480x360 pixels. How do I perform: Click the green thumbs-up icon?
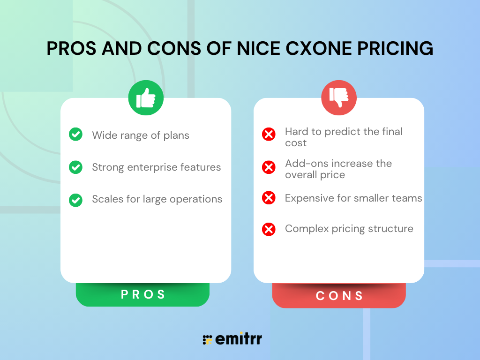point(146,97)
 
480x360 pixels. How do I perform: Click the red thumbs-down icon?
point(339,97)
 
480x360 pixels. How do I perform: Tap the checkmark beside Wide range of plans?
point(75,134)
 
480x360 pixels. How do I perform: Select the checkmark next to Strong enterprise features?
point(75,167)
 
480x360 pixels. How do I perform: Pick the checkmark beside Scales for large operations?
point(75,200)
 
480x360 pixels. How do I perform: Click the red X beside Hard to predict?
point(269,134)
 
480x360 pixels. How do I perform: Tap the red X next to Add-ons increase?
point(269,167)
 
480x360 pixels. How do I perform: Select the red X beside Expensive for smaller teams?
point(269,198)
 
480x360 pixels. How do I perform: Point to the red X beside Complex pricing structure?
point(269,229)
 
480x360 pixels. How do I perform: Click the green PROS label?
point(142,294)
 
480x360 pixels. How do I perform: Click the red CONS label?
point(339,295)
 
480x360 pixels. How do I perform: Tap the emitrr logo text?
point(239,338)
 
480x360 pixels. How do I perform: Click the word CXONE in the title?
point(319,48)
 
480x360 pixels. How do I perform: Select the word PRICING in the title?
point(395,48)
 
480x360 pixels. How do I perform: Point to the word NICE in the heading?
point(258,48)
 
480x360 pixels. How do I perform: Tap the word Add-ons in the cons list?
point(304,164)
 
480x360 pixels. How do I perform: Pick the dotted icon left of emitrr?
point(208,340)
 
